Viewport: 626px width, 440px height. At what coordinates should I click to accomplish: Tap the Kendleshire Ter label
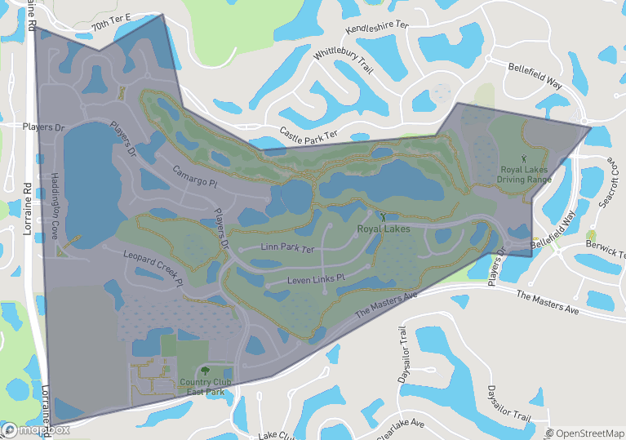(377, 28)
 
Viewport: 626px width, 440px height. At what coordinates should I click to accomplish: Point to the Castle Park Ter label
(308, 133)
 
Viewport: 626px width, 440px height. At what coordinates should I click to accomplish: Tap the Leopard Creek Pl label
(151, 268)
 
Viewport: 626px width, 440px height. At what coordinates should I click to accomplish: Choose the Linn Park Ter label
(287, 246)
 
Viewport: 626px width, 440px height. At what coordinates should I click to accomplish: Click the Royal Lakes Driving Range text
(526, 174)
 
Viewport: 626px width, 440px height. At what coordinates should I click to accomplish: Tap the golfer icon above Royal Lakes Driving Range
(525, 156)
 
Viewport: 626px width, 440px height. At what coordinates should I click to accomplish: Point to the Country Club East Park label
(205, 387)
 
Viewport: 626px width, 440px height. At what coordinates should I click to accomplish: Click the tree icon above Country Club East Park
(204, 371)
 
